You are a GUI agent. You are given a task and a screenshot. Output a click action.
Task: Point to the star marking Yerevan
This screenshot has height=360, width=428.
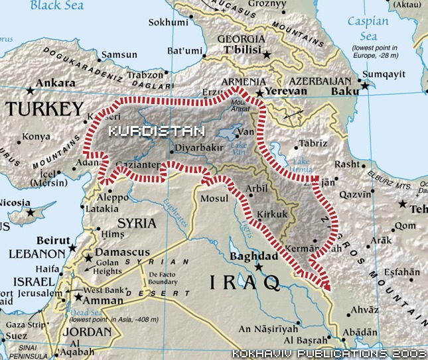pos(259,93)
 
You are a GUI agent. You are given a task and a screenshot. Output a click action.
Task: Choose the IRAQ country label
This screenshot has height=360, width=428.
pos(245,283)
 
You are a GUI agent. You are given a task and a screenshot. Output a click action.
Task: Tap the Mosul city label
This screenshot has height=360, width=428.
pos(214,198)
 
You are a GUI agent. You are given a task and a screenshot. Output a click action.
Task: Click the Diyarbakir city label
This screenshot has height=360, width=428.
pos(198,149)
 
